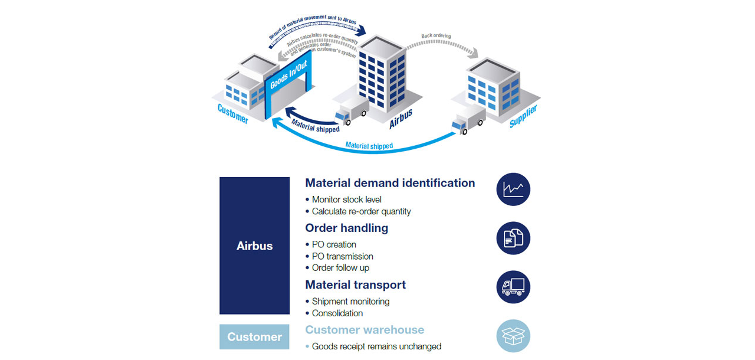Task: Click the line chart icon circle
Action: pyautogui.click(x=513, y=189)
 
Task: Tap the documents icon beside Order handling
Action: pyautogui.click(x=513, y=238)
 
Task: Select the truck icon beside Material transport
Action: pyautogui.click(x=513, y=287)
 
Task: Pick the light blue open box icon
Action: pyautogui.click(x=513, y=336)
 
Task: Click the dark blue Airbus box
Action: pyautogui.click(x=254, y=246)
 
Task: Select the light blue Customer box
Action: pyautogui.click(x=254, y=337)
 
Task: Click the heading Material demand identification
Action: pyautogui.click(x=390, y=183)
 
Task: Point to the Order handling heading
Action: pyautogui.click(x=346, y=228)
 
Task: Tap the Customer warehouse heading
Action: pyautogui.click(x=365, y=330)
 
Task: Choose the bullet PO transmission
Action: pyautogui.click(x=343, y=256)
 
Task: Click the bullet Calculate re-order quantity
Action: pyautogui.click(x=361, y=211)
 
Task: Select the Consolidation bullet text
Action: pyautogui.click(x=337, y=313)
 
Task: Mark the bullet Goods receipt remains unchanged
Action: pyautogui.click(x=376, y=346)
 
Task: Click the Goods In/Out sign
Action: pyautogui.click(x=288, y=75)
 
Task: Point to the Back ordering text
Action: pyautogui.click(x=436, y=36)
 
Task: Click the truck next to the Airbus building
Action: pyautogui.click(x=352, y=110)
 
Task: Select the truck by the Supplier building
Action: pyautogui.click(x=468, y=120)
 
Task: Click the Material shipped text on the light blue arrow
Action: pyautogui.click(x=369, y=146)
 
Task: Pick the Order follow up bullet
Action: pyautogui.click(x=340, y=268)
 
